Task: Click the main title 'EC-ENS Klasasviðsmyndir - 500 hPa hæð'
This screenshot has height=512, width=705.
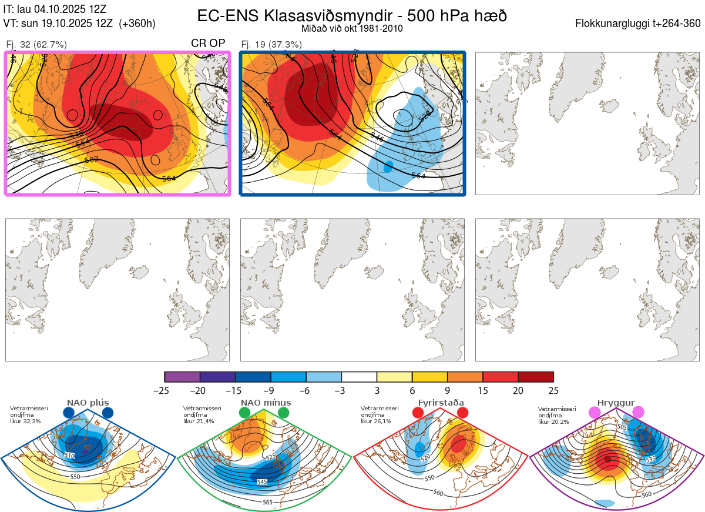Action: click(352, 16)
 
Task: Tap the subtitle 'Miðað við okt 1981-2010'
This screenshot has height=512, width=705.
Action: click(351, 28)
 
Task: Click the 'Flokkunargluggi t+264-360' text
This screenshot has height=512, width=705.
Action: click(639, 24)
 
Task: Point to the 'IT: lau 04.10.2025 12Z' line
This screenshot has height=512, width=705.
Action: click(55, 9)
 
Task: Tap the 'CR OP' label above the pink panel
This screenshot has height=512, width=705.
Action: click(208, 43)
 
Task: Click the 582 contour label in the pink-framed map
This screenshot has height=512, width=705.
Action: click(91, 159)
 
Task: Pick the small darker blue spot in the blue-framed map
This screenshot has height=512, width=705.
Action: click(388, 166)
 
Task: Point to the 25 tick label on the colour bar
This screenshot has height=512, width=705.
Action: click(553, 390)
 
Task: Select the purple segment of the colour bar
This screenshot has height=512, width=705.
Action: click(182, 377)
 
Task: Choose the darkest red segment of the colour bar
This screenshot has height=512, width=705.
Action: click(536, 377)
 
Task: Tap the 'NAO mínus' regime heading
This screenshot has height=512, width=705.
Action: click(266, 403)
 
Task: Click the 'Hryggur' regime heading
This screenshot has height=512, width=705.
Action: click(616, 403)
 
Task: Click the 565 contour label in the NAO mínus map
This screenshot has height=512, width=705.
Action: click(267, 502)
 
